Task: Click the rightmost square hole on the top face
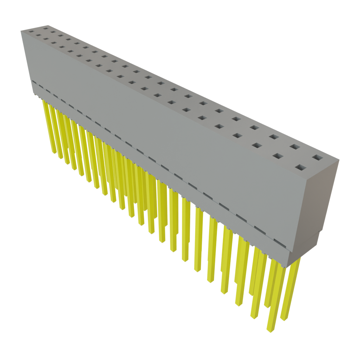(317, 157)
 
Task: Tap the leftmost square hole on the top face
(31, 32)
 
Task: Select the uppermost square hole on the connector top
(46, 27)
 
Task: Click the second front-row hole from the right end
(278, 155)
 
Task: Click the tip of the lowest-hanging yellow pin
(269, 330)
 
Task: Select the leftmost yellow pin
(49, 127)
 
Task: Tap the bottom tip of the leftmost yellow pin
(54, 153)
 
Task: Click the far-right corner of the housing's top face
(339, 160)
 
